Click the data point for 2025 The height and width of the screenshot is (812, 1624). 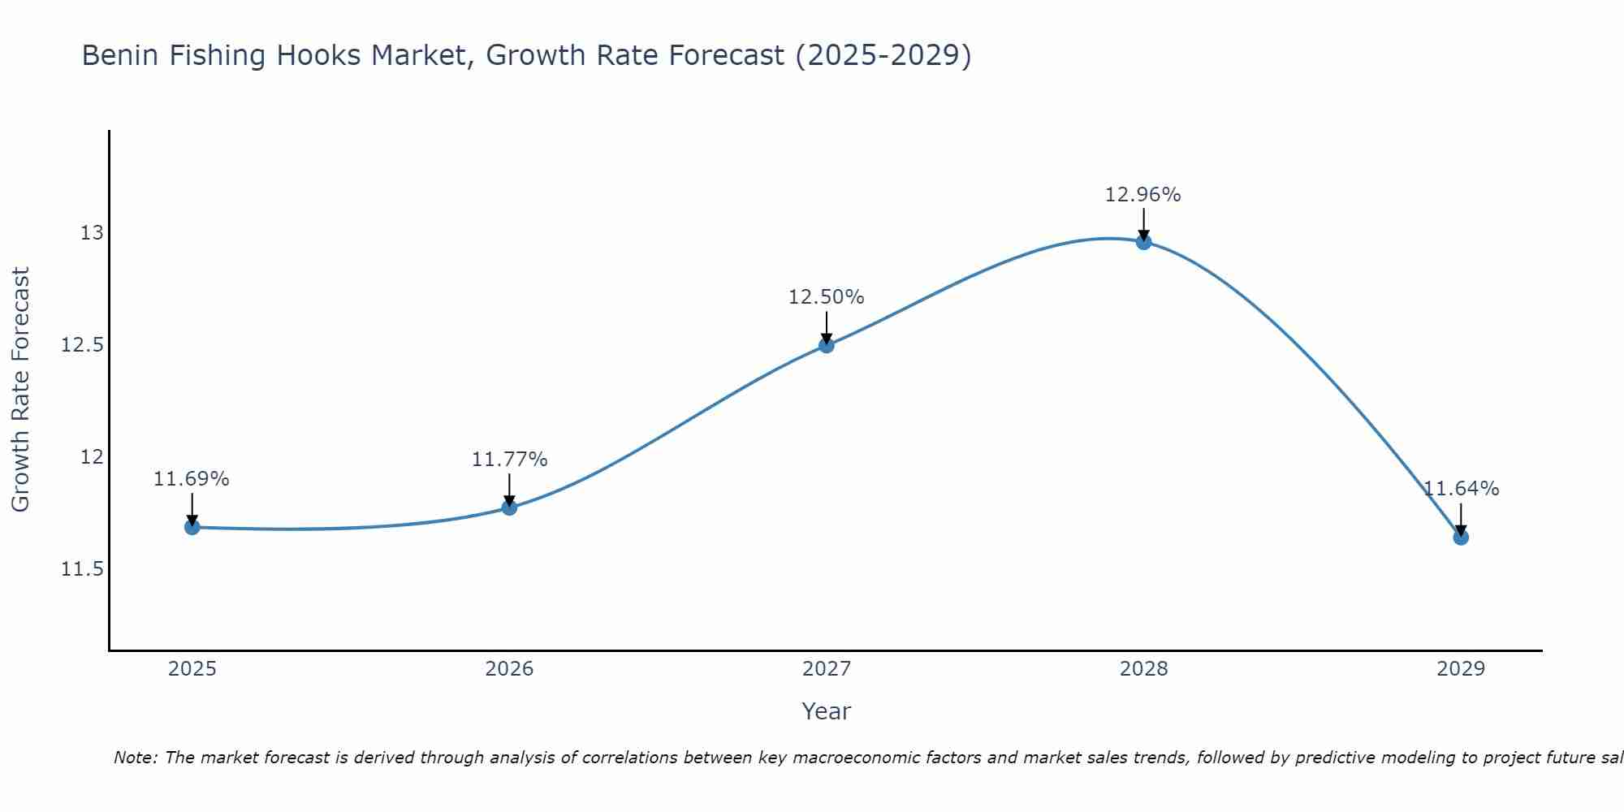pos(192,527)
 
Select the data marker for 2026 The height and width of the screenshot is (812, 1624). pos(509,508)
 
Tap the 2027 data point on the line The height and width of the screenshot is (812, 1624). pos(827,345)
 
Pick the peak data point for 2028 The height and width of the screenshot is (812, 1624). pos(1143,241)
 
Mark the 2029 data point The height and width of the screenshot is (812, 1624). pos(1461,537)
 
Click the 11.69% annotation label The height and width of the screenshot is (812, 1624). pos(192,479)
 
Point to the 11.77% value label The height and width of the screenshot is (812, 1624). pos(510,460)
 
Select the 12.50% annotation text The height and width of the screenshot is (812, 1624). pos(827,297)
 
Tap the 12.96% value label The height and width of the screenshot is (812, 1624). pos(1143,195)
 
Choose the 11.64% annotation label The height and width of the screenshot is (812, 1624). pos(1461,489)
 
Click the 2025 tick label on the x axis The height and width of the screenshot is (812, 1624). pos(192,669)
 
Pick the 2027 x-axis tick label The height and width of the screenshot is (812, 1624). pos(827,669)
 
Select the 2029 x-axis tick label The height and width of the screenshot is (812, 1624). pos(1461,669)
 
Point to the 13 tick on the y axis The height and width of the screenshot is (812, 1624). pos(93,233)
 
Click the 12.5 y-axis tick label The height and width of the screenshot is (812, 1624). pos(83,345)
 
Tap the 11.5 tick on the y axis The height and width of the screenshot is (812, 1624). pos(83,569)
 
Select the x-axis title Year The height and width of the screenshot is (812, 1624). pos(827,711)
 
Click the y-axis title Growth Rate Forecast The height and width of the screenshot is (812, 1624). pos(20,390)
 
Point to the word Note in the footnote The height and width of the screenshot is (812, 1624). pos(136,758)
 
